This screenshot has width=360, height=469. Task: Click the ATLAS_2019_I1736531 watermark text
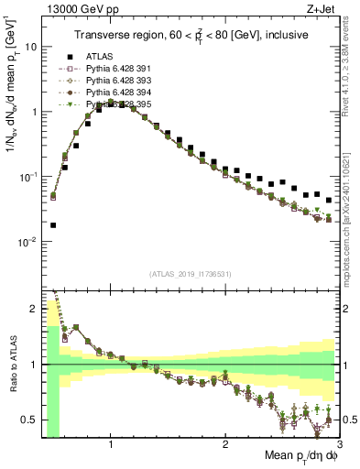coord(191,274)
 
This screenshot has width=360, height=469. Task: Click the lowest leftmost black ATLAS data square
coord(53,224)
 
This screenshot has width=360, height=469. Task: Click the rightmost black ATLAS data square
coord(329,200)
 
